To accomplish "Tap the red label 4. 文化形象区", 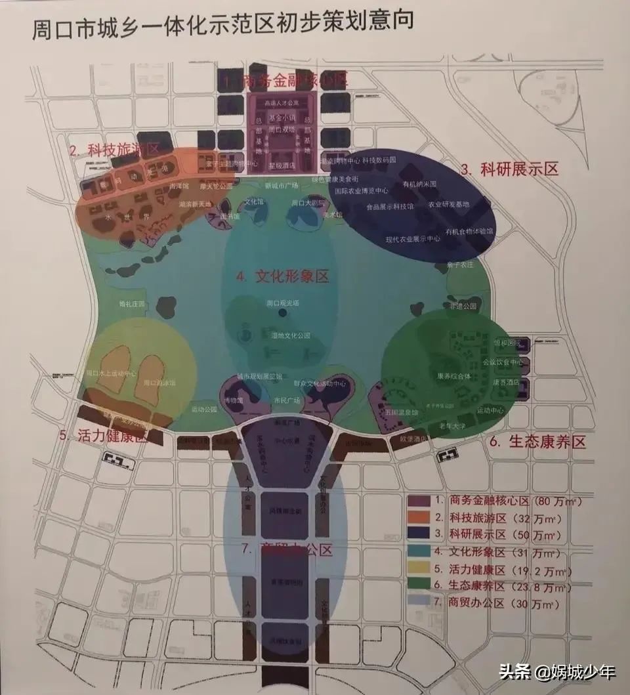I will (x=283, y=276).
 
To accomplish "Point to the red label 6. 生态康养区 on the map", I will (x=537, y=442).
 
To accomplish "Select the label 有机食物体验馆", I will (x=469, y=232).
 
